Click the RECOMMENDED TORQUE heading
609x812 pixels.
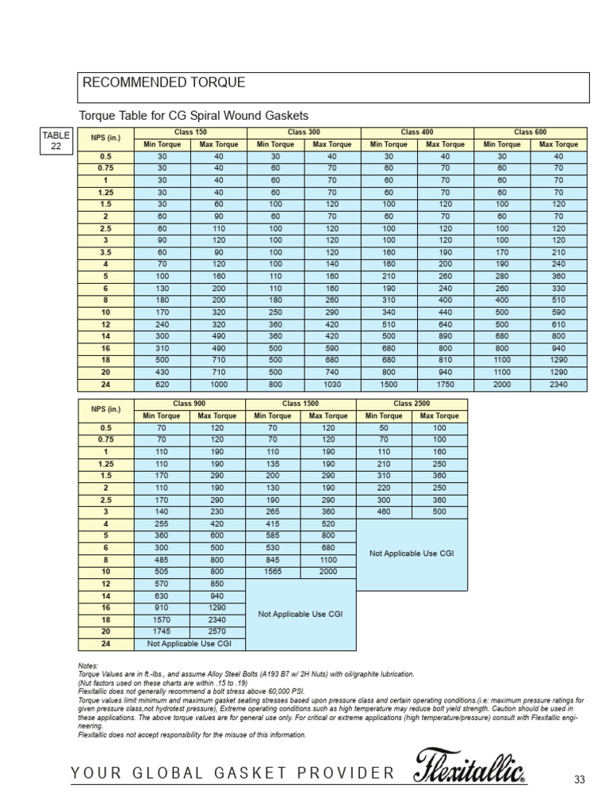(164, 83)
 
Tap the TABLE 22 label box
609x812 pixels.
(56, 140)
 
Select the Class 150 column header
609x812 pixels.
(190, 132)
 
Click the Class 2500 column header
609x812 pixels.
(412, 404)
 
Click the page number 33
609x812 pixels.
(579, 780)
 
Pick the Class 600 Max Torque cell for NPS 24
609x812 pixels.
(558, 385)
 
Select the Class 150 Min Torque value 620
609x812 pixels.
(163, 385)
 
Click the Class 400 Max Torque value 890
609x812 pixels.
(445, 336)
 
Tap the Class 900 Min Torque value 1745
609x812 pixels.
(163, 633)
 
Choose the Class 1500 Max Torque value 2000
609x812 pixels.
(328, 571)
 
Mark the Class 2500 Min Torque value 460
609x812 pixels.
(384, 512)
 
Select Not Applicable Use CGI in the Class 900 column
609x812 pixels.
(190, 645)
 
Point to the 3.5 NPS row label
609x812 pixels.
(105, 253)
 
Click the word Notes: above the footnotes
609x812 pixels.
(87, 665)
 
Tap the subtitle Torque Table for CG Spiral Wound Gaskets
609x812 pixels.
(193, 116)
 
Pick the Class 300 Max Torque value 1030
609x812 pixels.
(331, 385)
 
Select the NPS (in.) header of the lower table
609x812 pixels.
(105, 410)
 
